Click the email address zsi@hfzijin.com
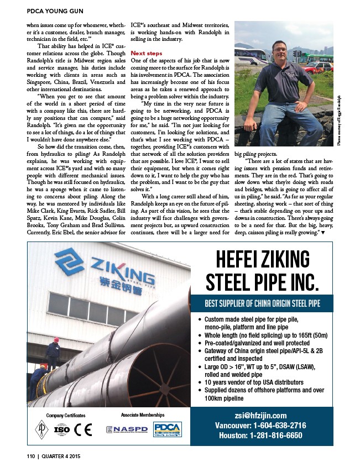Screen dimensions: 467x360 pyautogui.click(x=262, y=416)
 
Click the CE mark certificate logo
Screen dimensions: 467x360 pyautogui.click(x=83, y=430)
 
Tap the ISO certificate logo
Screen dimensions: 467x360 pyautogui.click(x=62, y=430)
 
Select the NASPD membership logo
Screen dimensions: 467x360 pyautogui.click(x=127, y=429)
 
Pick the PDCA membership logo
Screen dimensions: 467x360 pyautogui.click(x=165, y=429)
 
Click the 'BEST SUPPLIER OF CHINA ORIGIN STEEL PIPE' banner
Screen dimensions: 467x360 pyautogui.click(x=262, y=303)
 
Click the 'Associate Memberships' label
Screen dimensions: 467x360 pyautogui.click(x=142, y=414)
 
